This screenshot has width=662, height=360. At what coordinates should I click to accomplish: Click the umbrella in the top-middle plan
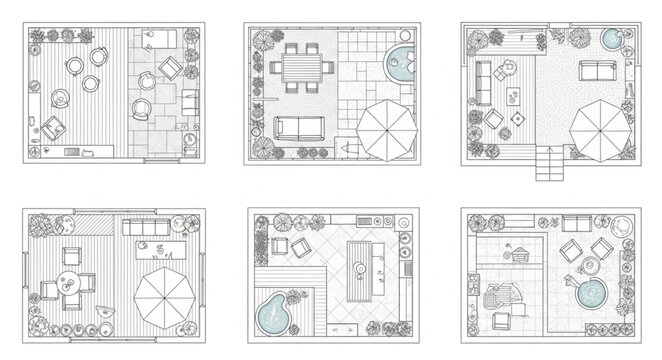386,129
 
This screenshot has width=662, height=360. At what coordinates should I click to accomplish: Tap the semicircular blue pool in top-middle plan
402,65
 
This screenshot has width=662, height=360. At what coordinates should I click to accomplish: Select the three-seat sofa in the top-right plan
597,72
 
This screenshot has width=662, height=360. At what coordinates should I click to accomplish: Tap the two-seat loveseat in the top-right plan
493,75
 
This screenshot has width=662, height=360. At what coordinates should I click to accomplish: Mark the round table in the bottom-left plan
67,283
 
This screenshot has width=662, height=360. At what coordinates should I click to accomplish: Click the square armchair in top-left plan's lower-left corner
52,126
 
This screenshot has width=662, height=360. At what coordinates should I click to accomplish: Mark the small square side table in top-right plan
518,119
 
